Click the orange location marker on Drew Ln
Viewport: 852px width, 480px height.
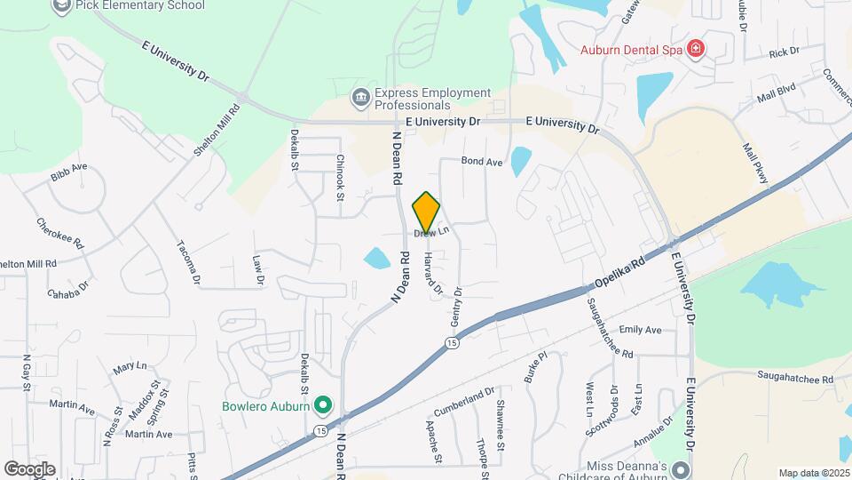coord(426,212)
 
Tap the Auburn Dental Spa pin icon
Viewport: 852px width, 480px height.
coord(696,49)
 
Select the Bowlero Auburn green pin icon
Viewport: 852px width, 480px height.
coord(323,407)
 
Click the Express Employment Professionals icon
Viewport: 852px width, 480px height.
coord(360,98)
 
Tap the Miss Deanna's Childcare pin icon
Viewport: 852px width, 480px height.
coord(681,469)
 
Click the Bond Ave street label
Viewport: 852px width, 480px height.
coord(482,163)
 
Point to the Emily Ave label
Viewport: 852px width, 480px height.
coord(641,330)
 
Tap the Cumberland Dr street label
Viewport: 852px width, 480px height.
coord(463,402)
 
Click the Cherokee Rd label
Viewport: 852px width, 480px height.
coord(59,232)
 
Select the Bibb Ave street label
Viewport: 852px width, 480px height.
coord(68,172)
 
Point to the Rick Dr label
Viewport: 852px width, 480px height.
coord(784,52)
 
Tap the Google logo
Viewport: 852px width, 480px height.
coord(29,468)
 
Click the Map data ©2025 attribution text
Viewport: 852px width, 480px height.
coord(813,473)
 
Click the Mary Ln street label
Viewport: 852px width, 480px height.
coord(130,366)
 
